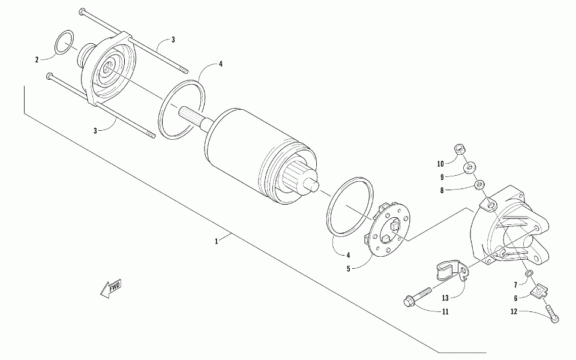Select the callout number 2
point(37,59)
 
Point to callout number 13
point(446,298)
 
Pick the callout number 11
point(445,312)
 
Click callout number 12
point(514,311)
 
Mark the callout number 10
point(440,163)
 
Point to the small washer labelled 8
point(479,185)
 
